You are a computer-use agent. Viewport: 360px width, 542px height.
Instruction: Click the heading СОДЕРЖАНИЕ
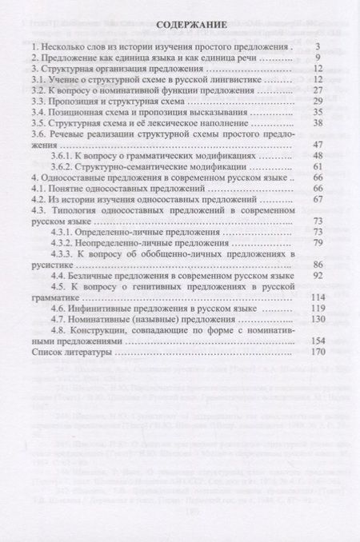[181, 25]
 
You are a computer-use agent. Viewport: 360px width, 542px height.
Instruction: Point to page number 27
[316, 92]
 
